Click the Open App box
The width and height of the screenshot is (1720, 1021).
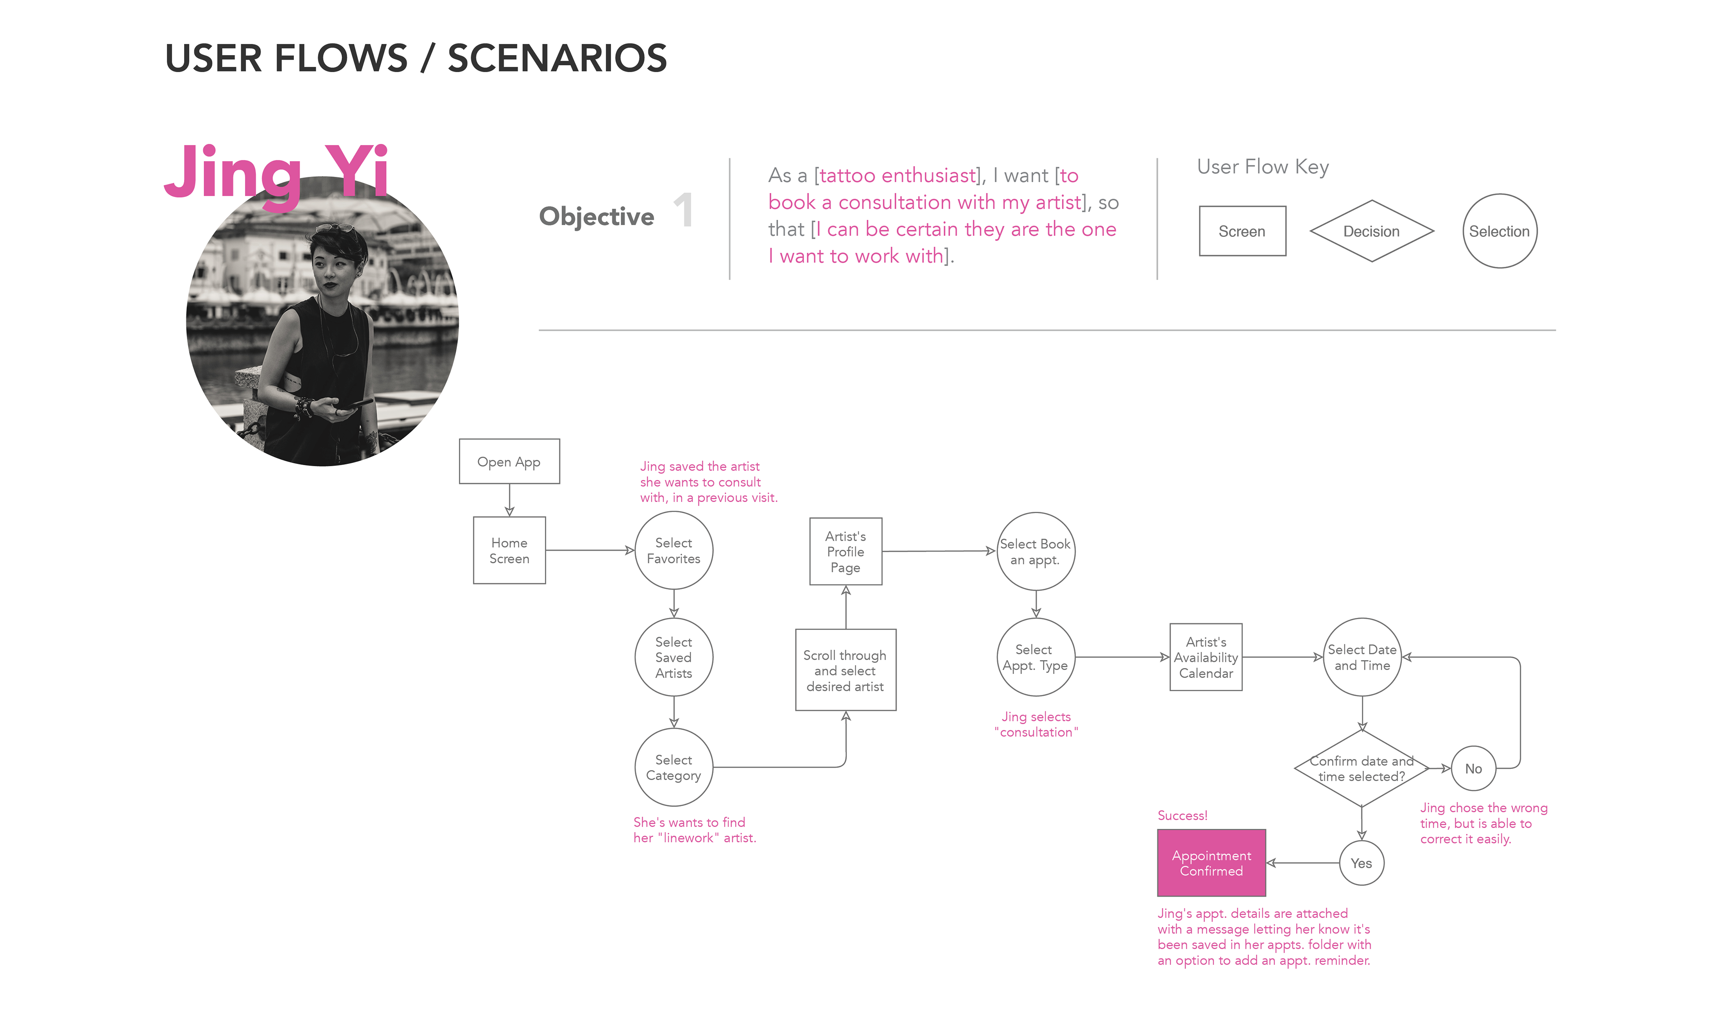tap(509, 462)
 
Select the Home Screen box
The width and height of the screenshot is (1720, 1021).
tap(509, 550)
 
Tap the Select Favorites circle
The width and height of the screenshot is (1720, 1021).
tap(674, 550)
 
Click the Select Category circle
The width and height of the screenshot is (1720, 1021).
tap(674, 767)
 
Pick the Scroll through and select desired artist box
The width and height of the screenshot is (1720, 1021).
tap(846, 670)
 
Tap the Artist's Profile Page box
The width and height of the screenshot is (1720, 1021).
tap(846, 552)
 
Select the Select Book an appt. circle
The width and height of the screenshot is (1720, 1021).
tap(1036, 552)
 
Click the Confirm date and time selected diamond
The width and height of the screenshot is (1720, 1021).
tap(1362, 768)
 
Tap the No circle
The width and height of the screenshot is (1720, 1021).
tap(1473, 768)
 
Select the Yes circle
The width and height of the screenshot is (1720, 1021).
tap(1362, 863)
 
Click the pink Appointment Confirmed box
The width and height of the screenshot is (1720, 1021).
tap(1212, 863)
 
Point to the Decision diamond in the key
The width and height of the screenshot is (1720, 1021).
tap(1371, 231)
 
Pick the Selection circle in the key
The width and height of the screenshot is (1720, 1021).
tap(1499, 231)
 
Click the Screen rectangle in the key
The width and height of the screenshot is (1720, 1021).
tap(1242, 231)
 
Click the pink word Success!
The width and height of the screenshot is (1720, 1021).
tap(1182, 815)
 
